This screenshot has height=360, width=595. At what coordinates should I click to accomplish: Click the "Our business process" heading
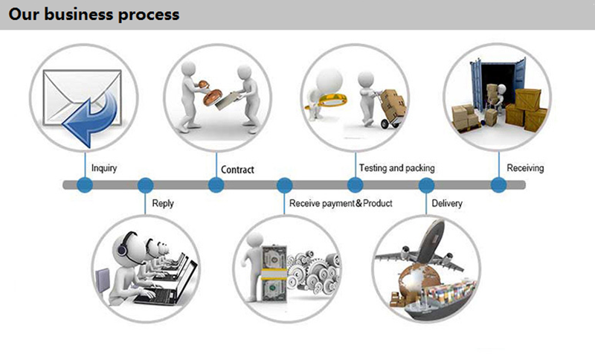[x=94, y=14]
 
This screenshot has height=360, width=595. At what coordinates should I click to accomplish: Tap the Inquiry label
[x=103, y=169]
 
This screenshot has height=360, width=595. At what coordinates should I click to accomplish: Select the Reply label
[x=163, y=203]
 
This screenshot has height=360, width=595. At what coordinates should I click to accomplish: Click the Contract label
[x=237, y=170]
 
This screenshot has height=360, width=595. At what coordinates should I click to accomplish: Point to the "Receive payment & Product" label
[x=341, y=203]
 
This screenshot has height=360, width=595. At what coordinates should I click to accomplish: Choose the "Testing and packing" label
[x=396, y=168]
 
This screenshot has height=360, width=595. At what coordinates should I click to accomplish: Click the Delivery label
[x=447, y=203]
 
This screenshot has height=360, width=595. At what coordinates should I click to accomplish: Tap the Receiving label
[x=525, y=168]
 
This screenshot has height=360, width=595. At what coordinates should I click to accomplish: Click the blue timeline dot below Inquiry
[x=84, y=185]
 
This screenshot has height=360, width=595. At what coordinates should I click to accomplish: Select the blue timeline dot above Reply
[x=146, y=185]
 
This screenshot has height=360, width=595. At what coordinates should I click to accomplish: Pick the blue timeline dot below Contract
[x=216, y=185]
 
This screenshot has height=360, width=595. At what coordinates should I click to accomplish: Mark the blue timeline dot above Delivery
[x=426, y=185]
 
